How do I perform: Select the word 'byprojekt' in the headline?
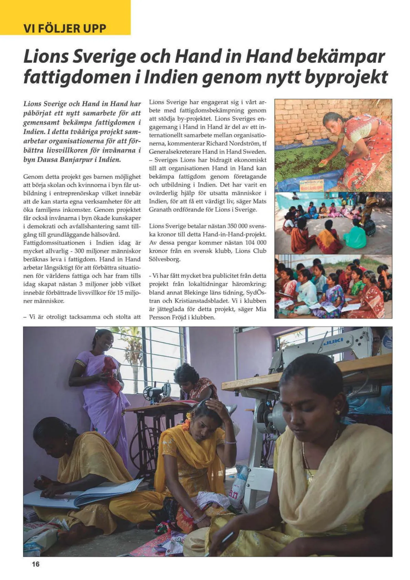[x=346, y=77]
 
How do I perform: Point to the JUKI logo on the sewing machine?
[x=333, y=342]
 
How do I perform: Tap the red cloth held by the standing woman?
[x=113, y=374]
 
